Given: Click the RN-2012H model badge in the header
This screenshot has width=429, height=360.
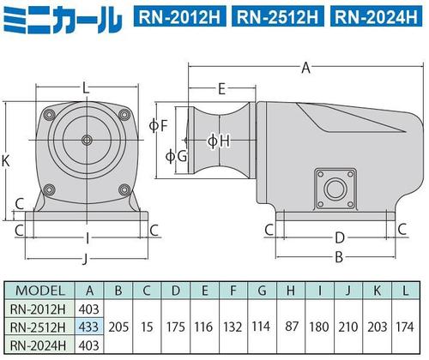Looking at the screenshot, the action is pyautogui.click(x=179, y=17).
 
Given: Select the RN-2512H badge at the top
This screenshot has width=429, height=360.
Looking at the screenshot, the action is pyautogui.click(x=278, y=17).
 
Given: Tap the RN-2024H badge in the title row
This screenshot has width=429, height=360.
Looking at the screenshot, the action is pyautogui.click(x=376, y=17).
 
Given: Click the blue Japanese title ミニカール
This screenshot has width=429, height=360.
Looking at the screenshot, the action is pyautogui.click(x=63, y=20).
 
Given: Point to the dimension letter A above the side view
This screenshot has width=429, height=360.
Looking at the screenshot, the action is pyautogui.click(x=305, y=68).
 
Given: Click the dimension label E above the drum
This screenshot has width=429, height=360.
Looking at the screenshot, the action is pyautogui.click(x=221, y=89).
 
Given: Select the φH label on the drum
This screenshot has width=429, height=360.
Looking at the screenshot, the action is pyautogui.click(x=219, y=141).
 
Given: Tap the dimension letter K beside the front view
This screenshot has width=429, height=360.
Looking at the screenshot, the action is pyautogui.click(x=5, y=161).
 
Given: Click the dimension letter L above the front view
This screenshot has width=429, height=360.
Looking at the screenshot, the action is pyautogui.click(x=86, y=88).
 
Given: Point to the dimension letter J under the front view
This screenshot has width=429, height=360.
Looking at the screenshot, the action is pyautogui.click(x=85, y=259).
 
